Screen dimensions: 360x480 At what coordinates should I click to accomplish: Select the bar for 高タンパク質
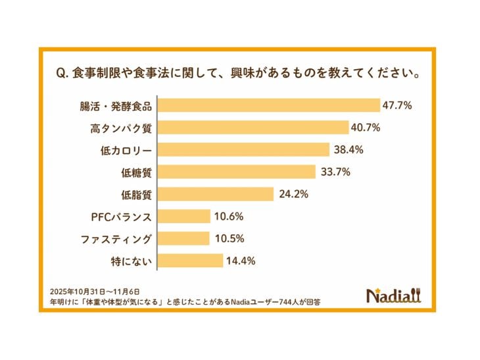[x=254, y=128]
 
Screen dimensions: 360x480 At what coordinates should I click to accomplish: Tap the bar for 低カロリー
[x=244, y=149]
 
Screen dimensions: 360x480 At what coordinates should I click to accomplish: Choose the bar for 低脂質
[x=216, y=194]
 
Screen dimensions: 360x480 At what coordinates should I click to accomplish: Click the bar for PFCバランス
[x=184, y=217]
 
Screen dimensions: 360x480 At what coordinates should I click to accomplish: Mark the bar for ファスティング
[x=184, y=238]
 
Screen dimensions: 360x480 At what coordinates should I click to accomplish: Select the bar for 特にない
[x=191, y=261]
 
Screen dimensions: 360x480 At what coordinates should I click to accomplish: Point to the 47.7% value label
[x=398, y=105]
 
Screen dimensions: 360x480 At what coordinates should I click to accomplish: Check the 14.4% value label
[x=241, y=261]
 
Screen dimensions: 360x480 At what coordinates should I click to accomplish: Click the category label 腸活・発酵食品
[x=121, y=105]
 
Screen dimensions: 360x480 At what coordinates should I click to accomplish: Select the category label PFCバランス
[x=122, y=217]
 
